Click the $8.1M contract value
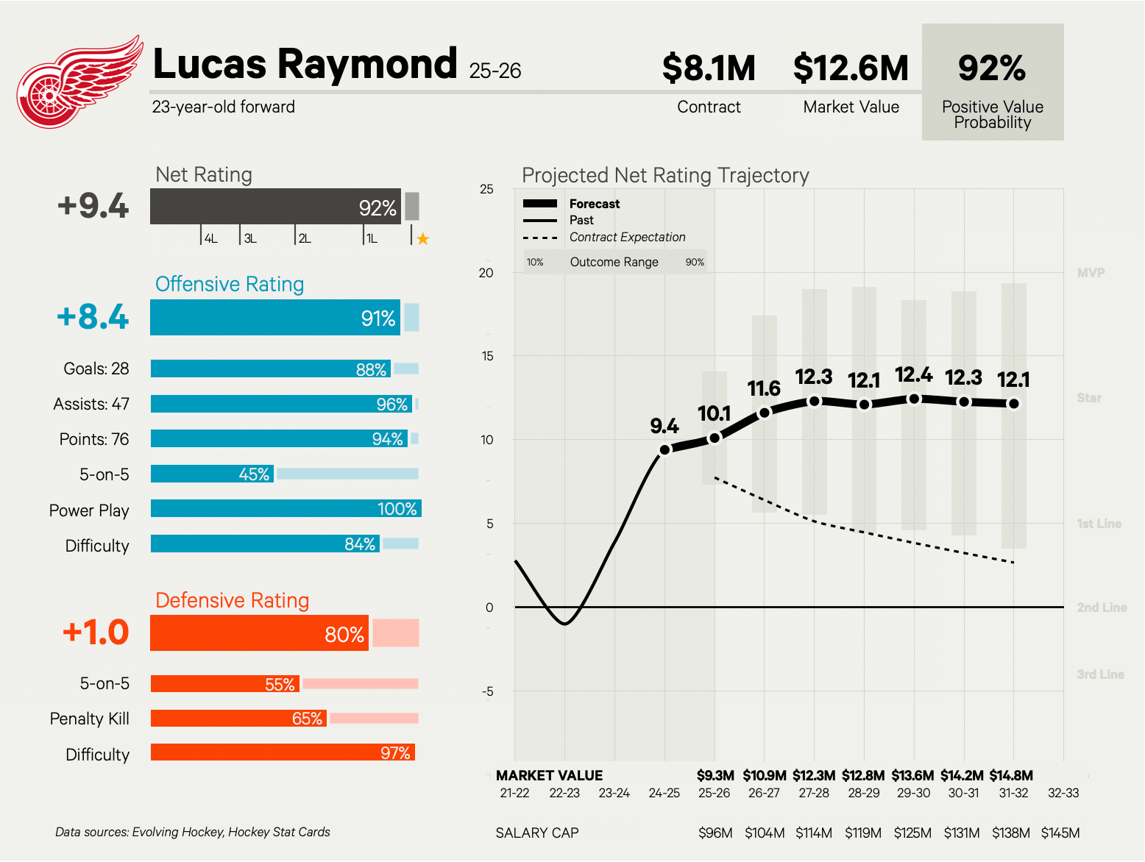pyautogui.click(x=709, y=68)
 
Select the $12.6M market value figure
pyautogui.click(x=851, y=68)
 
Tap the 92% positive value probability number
pyautogui.click(x=992, y=68)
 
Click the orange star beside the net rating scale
pyautogui.click(x=423, y=239)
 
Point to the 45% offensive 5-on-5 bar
pyautogui.click(x=213, y=474)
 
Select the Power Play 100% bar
pyautogui.click(x=286, y=508)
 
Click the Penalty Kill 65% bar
pyautogui.click(x=238, y=718)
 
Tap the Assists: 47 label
pyautogui.click(x=91, y=404)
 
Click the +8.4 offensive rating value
pyautogui.click(x=93, y=317)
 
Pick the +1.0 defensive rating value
pyautogui.click(x=96, y=633)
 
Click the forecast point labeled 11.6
pyautogui.click(x=765, y=413)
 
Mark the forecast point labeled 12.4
pyautogui.click(x=914, y=399)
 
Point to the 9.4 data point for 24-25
pyautogui.click(x=664, y=449)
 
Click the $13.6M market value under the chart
pyautogui.click(x=912, y=775)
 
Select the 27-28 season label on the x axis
pyautogui.click(x=814, y=793)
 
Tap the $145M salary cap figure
pyautogui.click(x=1060, y=833)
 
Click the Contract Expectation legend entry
pyautogui.click(x=627, y=237)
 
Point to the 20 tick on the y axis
pyautogui.click(x=486, y=273)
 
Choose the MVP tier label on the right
pyautogui.click(x=1091, y=273)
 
